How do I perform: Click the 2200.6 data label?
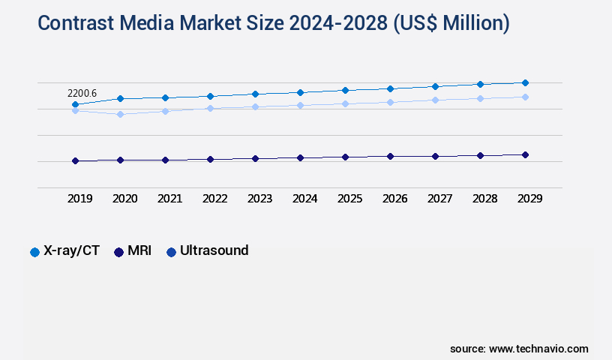[82, 94]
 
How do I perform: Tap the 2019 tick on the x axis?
[80, 199]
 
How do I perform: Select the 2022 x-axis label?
[215, 199]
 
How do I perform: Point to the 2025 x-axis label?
[350, 199]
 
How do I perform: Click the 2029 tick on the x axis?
[530, 199]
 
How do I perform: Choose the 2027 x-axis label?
[440, 199]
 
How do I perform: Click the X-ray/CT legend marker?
[34, 252]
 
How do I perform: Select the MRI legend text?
[139, 251]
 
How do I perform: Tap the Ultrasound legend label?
[214, 251]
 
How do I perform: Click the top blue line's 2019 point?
[75, 104]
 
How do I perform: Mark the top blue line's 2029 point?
[525, 82]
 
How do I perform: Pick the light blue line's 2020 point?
[120, 114]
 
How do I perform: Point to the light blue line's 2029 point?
[525, 97]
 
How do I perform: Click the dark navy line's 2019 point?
[75, 160]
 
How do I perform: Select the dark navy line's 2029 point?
[525, 154]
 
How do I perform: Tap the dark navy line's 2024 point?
[300, 157]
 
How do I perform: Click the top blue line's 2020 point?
[120, 98]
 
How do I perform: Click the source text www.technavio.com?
[538, 349]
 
